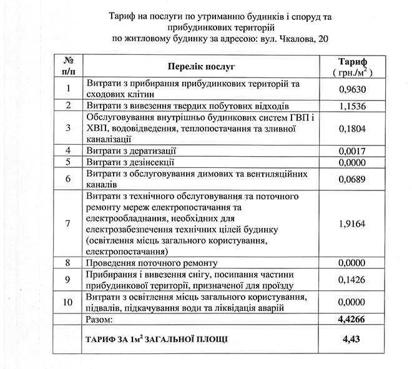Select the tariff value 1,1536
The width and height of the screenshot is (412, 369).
tap(350, 106)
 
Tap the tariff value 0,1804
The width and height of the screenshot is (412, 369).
tap(350, 129)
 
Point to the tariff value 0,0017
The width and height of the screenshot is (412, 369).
tap(350, 150)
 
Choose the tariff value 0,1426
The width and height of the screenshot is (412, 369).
tap(350, 279)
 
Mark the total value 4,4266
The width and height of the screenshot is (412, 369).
tap(350, 320)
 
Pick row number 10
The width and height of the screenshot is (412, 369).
tap(69, 302)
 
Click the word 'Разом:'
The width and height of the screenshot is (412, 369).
tap(101, 320)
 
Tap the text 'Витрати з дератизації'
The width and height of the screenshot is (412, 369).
tap(132, 151)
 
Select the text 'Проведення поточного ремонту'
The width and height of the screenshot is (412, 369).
tap(150, 263)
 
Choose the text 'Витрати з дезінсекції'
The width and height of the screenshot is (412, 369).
tap(130, 162)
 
